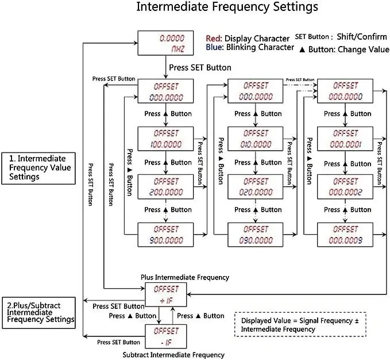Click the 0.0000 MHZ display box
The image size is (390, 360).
coord(165,43)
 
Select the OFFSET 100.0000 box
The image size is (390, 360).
coord(165,139)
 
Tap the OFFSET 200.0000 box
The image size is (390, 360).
coord(165,186)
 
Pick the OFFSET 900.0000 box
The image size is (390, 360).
coord(165,235)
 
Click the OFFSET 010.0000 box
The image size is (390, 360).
coord(256,139)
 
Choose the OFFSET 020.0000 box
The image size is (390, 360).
coord(256,186)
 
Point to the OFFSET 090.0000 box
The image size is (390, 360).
coord(256,235)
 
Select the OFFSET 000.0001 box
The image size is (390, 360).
coord(345,139)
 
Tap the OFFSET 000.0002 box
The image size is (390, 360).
coord(345,186)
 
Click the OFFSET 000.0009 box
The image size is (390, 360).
coord(345,235)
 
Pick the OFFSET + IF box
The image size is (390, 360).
coord(166,294)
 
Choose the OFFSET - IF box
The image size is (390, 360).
coord(166,336)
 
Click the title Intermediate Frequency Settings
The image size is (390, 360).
coord(227,7)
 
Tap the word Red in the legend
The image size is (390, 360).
coord(213,39)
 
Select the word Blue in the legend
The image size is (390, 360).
coord(214,47)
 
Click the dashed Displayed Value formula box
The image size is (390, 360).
coord(300,324)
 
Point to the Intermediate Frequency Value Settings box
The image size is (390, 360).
coord(38,168)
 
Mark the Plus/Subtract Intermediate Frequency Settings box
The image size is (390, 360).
coord(38,313)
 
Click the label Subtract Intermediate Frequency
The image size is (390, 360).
coord(173,355)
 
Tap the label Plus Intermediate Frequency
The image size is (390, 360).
coord(185,277)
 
